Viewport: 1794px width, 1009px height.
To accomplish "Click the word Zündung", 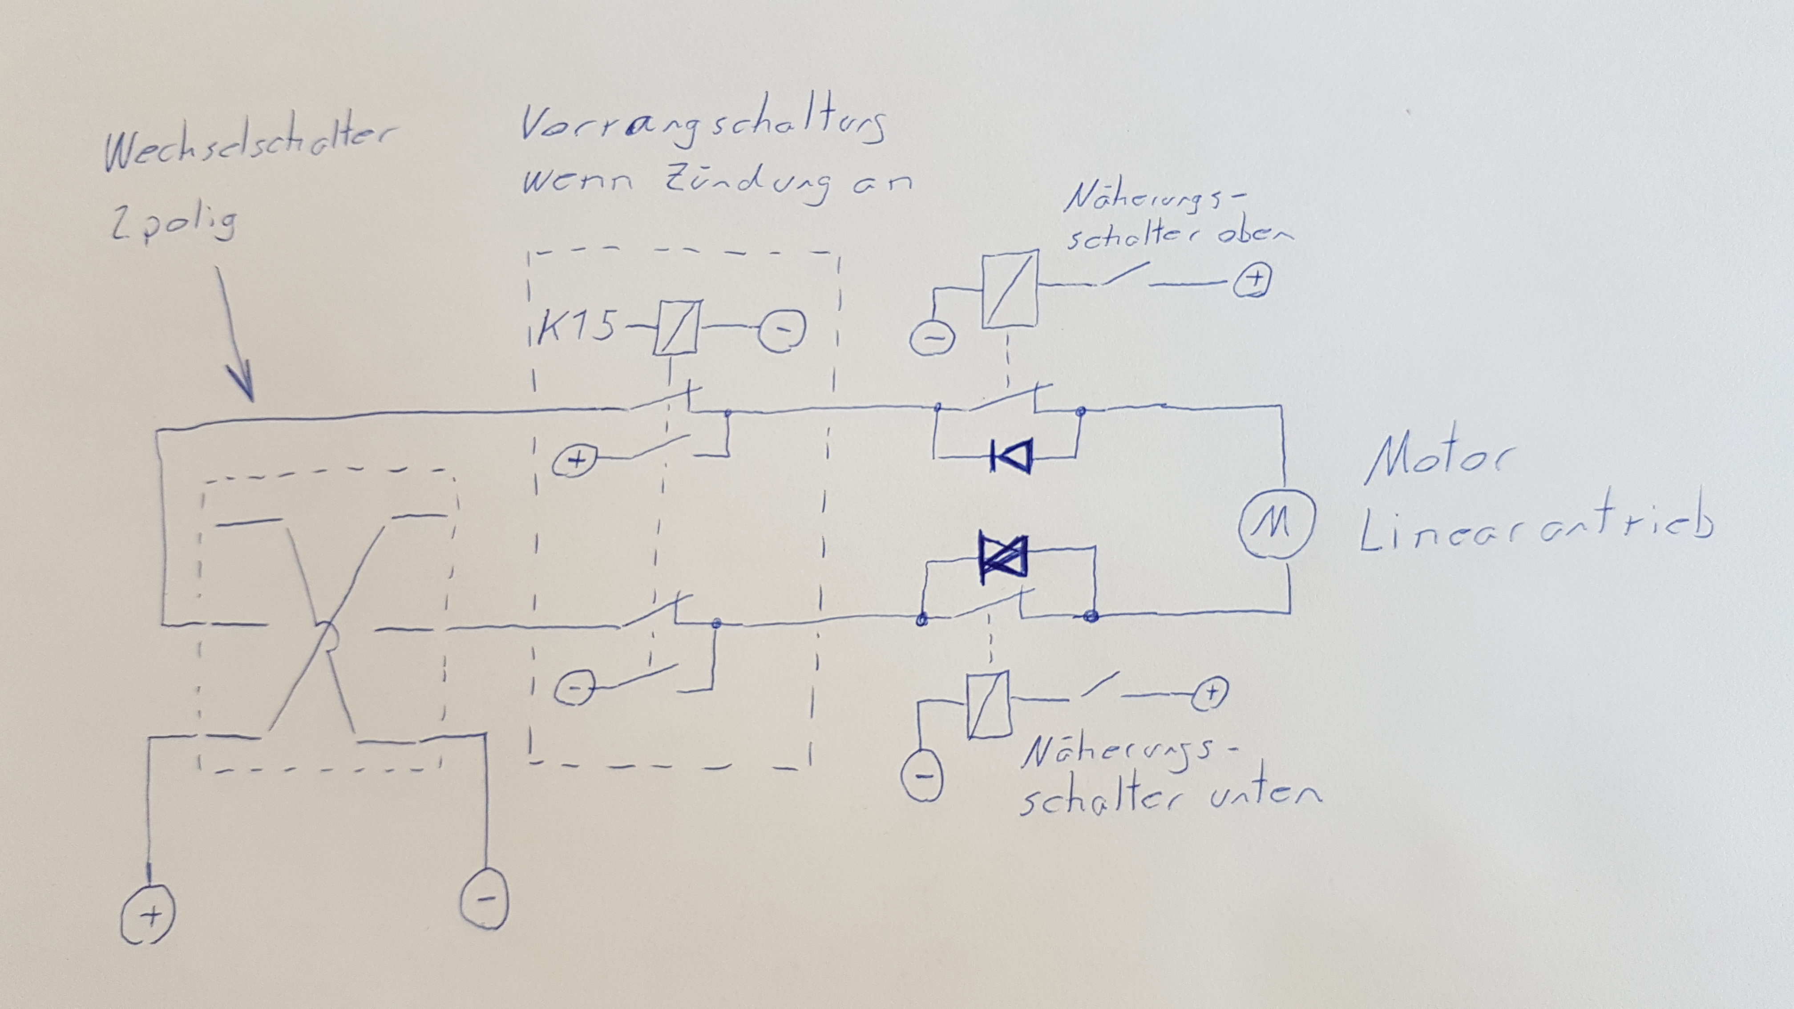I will pos(746,182).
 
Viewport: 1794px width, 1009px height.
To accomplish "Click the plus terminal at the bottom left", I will pos(148,914).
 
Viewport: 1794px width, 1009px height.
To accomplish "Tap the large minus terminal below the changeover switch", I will pos(485,898).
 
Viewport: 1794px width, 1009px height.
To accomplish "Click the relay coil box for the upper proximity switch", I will pos(1009,290).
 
